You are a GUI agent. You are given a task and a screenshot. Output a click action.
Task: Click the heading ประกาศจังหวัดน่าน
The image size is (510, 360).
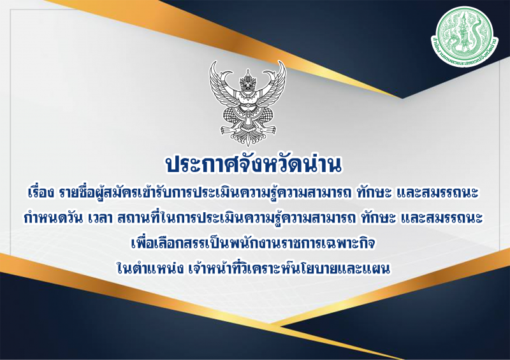[254, 164]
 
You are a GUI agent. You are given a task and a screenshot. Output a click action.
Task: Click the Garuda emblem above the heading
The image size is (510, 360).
[245, 102]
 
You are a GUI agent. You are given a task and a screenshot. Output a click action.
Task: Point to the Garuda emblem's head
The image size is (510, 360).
[245, 81]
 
